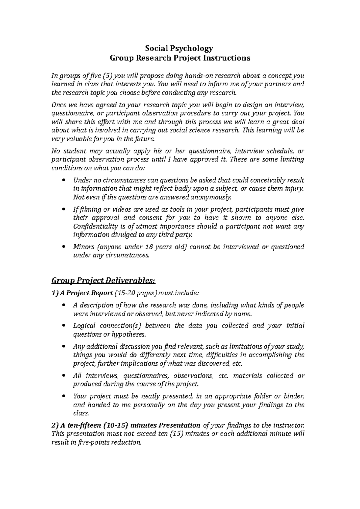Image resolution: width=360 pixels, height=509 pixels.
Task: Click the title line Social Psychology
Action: pos(179,48)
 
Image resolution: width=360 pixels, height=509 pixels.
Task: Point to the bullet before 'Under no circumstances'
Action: pos(63,180)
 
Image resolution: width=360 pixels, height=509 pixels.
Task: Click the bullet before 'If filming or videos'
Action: pos(63,210)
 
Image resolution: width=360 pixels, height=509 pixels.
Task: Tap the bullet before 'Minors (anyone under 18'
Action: pos(63,247)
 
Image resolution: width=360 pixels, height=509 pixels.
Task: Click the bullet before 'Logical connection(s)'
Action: pos(63,326)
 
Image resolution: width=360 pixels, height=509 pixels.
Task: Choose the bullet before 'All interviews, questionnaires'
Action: pos(63,376)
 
